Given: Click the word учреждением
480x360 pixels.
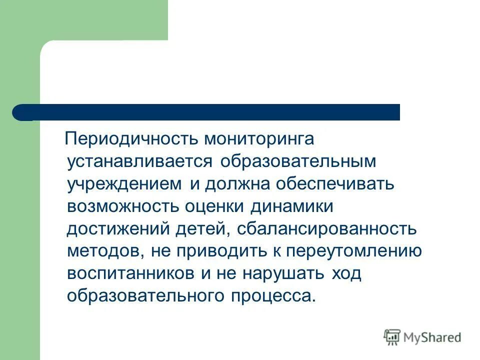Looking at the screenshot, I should click(124, 183).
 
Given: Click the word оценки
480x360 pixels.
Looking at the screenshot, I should click(217, 206).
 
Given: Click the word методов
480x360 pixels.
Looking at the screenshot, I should click(103, 251).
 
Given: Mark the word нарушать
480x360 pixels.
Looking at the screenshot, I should click(283, 273).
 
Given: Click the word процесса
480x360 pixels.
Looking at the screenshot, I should click(273, 296).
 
